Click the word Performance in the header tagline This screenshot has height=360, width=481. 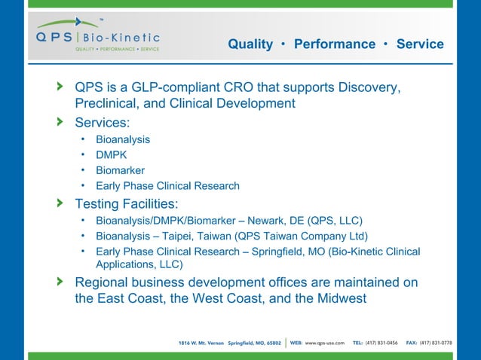pyautogui.click(x=334, y=44)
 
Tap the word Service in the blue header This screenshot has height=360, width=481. pyautogui.click(x=420, y=44)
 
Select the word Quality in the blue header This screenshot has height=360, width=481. pyautogui.click(x=250, y=44)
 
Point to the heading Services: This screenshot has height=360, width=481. pyautogui.click(x=103, y=121)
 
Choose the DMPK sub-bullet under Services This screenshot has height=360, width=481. pyautogui.click(x=111, y=155)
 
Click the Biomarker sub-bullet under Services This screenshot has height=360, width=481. pyautogui.click(x=120, y=170)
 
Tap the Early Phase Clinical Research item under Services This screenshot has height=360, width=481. pyautogui.click(x=167, y=185)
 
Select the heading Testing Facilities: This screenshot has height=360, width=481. pyautogui.click(x=127, y=203)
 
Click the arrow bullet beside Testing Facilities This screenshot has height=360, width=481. pyautogui.click(x=60, y=203)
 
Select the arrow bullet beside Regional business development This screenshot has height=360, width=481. pyautogui.click(x=60, y=282)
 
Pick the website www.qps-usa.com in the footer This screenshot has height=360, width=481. pyautogui.click(x=325, y=343)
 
